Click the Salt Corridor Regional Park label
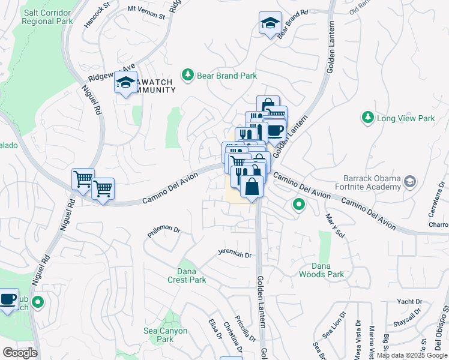[47, 17]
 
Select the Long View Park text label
[406, 119]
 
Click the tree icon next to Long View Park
[367, 118]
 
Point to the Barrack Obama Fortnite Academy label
[372, 182]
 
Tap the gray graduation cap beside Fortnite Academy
[409, 181]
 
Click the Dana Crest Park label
[187, 275]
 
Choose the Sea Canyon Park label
[166, 335]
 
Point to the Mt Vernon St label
[146, 13]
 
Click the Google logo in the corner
[20, 352]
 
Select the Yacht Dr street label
[410, 301]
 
